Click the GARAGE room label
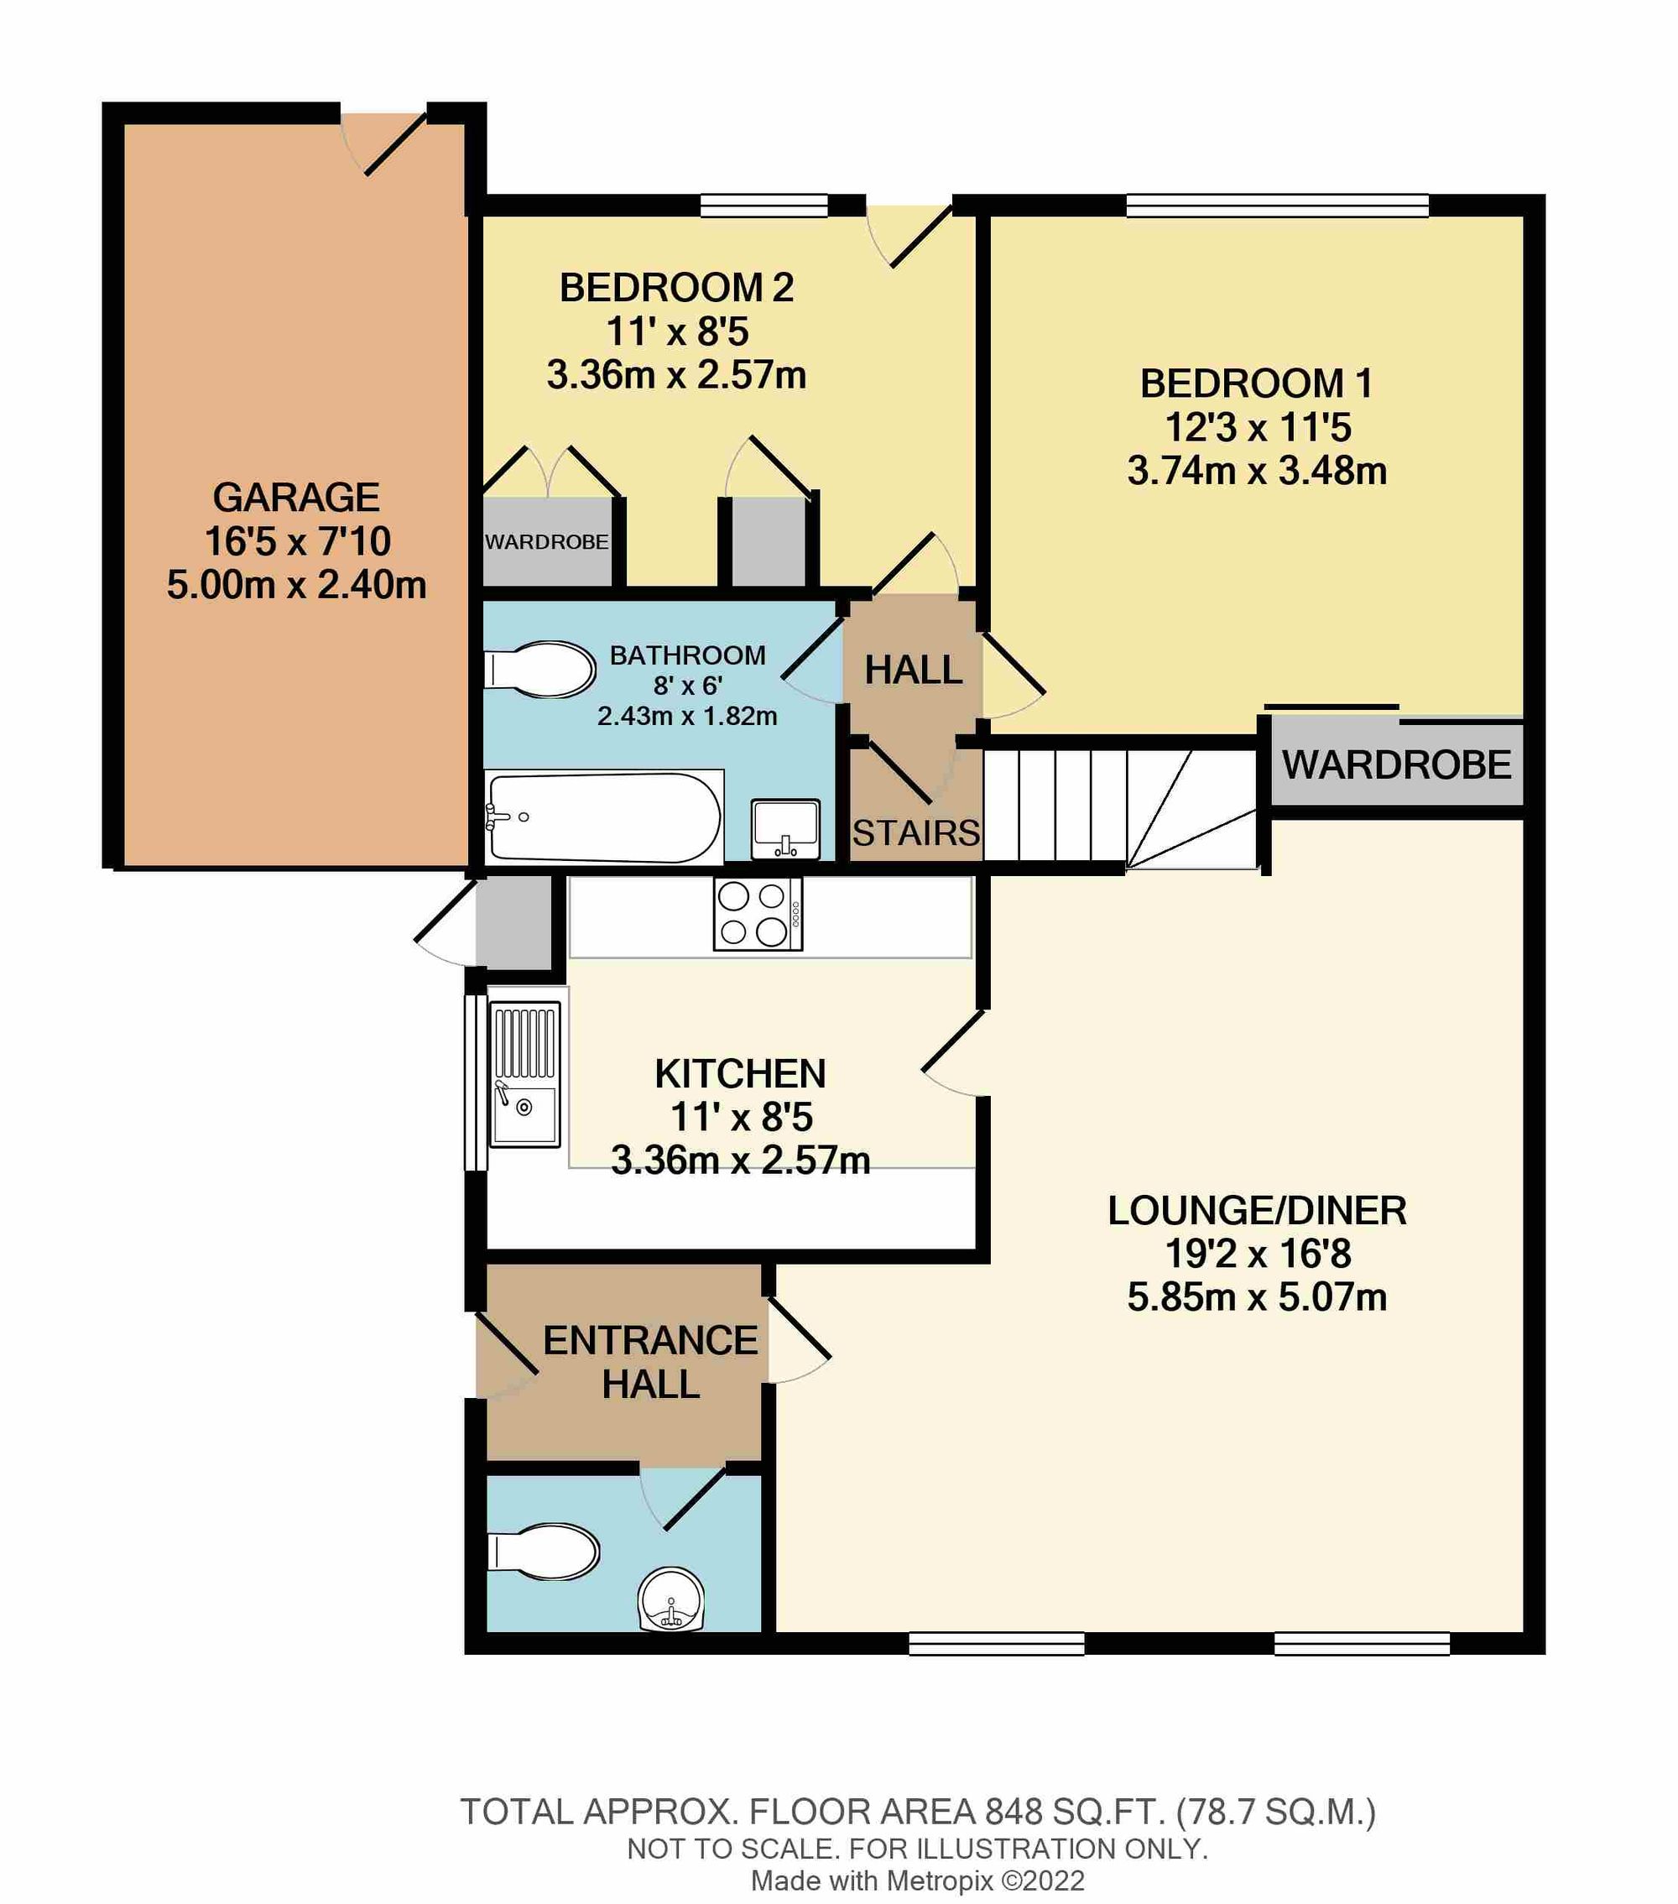click(x=296, y=498)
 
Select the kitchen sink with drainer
click(x=525, y=1074)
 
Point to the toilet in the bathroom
click(x=540, y=669)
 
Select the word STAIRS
click(x=915, y=832)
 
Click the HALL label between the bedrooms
click(x=913, y=670)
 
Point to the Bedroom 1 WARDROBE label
click(x=1396, y=765)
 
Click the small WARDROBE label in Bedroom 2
click(x=546, y=542)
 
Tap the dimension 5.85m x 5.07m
click(x=1256, y=1296)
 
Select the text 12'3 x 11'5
click(x=1257, y=428)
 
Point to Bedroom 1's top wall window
click(x=1277, y=205)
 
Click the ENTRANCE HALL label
click(x=650, y=1362)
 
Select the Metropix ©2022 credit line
click(x=917, y=1881)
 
